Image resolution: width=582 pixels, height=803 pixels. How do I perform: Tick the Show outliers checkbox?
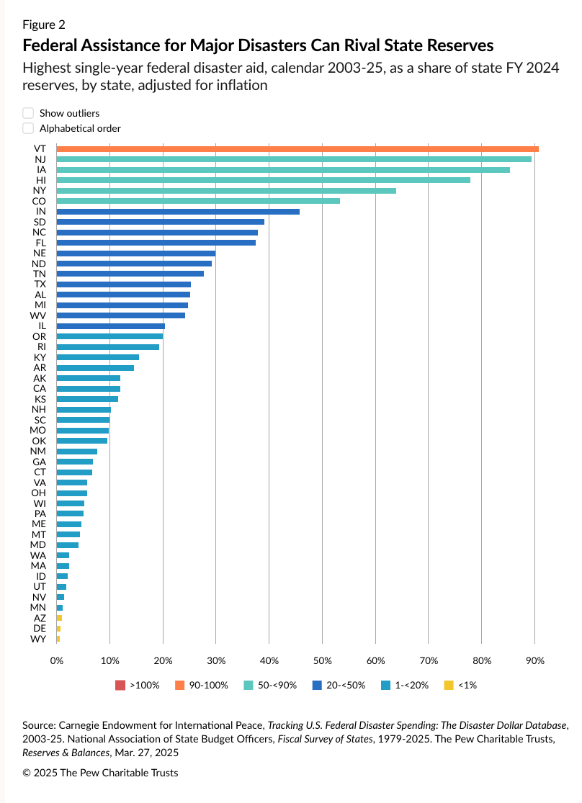[x=28, y=113]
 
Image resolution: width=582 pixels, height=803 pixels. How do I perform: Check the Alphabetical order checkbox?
[x=28, y=128]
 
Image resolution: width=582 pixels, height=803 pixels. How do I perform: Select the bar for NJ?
[x=293, y=159]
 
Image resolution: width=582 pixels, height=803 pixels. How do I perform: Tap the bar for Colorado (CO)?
[x=198, y=201]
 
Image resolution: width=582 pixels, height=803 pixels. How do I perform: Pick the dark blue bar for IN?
[x=178, y=211]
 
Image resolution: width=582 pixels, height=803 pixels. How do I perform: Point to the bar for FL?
[x=156, y=243]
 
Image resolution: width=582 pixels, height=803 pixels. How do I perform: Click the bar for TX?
[x=123, y=284]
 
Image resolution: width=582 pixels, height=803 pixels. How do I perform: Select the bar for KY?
[x=97, y=357]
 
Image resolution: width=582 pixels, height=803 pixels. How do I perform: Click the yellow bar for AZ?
[x=59, y=618]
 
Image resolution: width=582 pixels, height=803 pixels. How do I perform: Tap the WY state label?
[x=40, y=639]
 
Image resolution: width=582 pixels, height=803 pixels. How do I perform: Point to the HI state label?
[x=40, y=180]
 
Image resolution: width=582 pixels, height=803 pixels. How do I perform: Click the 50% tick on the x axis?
[x=322, y=660]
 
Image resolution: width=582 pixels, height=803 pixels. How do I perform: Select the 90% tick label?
[x=534, y=660]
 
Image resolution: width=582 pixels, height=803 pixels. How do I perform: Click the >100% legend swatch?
[x=120, y=685]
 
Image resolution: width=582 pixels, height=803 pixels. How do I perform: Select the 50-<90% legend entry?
[x=270, y=685]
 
